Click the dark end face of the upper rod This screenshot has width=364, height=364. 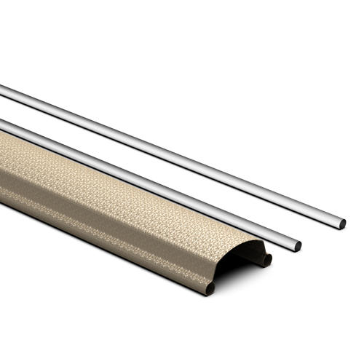tap(341, 223)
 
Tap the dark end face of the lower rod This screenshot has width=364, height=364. tap(297, 246)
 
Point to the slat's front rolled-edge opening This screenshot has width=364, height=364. tap(210, 288)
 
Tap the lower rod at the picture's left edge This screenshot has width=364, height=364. tap(3, 124)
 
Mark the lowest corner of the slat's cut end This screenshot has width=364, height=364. tap(207, 293)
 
